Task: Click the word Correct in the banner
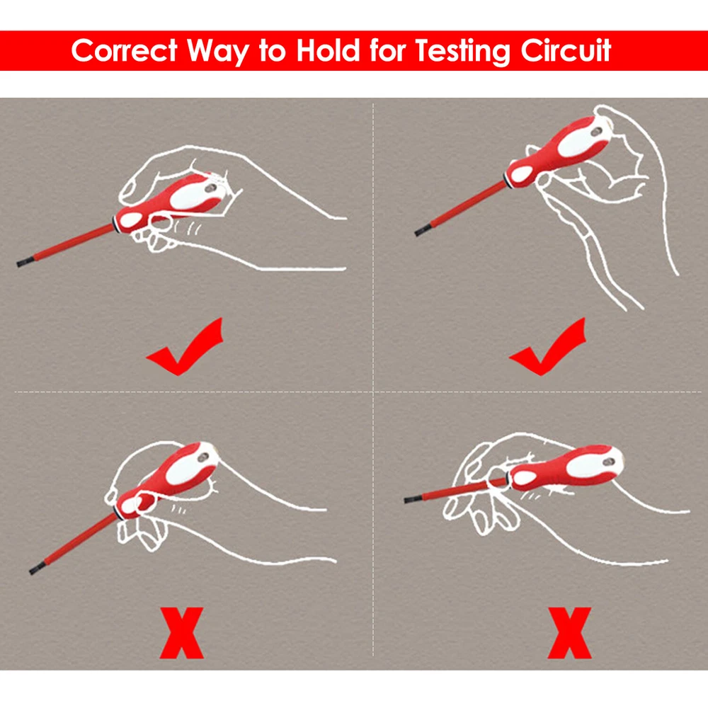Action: [124, 50]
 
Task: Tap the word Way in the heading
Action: [218, 52]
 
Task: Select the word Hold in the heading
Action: [329, 50]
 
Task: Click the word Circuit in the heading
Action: [566, 50]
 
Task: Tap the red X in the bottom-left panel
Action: [181, 632]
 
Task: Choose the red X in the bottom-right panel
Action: [569, 632]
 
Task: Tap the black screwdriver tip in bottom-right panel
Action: [412, 498]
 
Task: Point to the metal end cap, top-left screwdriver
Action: [222, 180]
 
